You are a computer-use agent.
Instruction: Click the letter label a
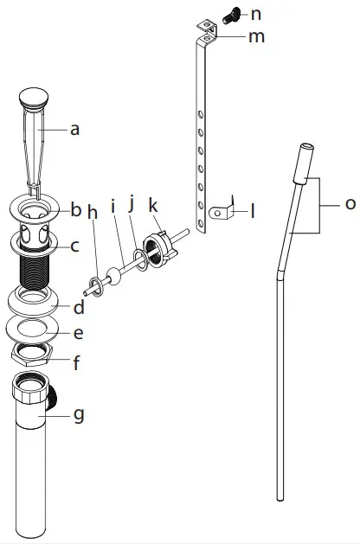click(x=74, y=130)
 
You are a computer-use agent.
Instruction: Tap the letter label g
click(x=79, y=415)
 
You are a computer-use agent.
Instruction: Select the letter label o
click(x=350, y=204)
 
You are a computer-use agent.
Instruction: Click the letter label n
click(x=255, y=14)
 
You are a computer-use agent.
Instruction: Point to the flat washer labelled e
click(x=35, y=329)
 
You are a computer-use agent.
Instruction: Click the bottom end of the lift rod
click(x=280, y=496)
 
